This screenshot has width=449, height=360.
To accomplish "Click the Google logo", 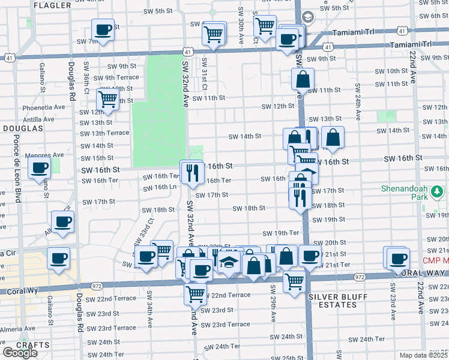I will point(20,353).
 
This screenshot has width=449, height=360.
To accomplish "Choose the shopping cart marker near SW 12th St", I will point(107,100).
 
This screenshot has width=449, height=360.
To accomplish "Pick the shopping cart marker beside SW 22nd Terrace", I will point(196,294).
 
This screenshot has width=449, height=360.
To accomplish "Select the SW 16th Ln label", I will point(160,187).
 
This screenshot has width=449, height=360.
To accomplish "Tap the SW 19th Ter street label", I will point(280,233).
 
